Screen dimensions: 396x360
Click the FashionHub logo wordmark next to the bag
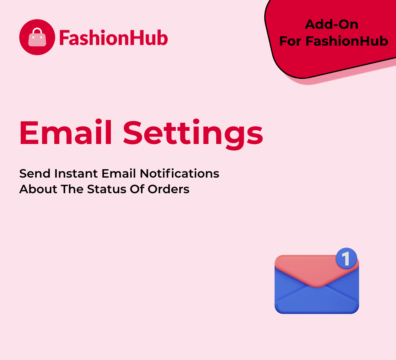(x=113, y=38)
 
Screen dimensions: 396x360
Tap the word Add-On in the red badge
(x=331, y=25)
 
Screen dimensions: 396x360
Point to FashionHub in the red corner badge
(x=347, y=41)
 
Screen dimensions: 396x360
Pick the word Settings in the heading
(x=193, y=134)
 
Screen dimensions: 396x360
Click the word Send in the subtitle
(x=35, y=174)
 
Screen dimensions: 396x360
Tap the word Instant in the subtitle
(x=76, y=174)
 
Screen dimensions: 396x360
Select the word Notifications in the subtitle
(x=179, y=173)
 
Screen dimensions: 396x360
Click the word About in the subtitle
(x=38, y=189)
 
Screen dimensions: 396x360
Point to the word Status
(x=106, y=189)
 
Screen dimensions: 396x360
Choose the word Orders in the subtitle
(x=168, y=189)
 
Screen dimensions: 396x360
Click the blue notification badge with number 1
(x=346, y=258)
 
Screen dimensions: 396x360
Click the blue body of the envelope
(x=316, y=298)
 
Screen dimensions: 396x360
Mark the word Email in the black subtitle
(x=118, y=173)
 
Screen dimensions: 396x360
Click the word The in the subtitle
(x=72, y=189)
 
